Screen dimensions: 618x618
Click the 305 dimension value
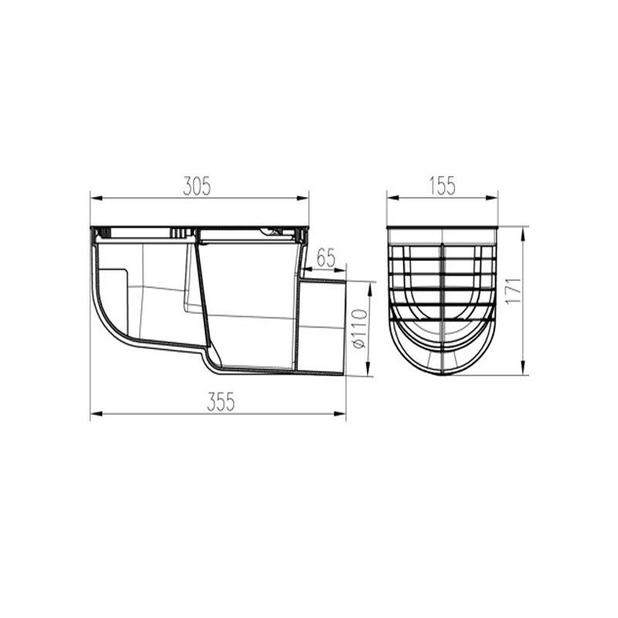point(197,186)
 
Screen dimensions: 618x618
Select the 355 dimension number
point(221,402)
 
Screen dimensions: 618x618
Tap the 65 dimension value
point(325,258)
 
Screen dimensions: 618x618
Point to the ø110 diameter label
point(360,329)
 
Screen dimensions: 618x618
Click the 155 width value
point(442,186)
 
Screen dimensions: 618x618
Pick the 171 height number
point(513,291)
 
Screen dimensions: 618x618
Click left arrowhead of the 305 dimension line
point(97,198)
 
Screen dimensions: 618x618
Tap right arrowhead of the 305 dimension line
point(302,198)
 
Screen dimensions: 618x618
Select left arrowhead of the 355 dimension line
point(97,414)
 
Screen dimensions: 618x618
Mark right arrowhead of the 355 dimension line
point(339,414)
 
